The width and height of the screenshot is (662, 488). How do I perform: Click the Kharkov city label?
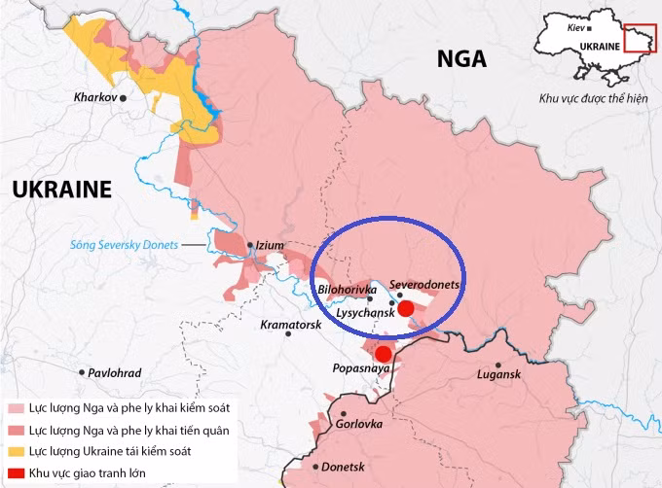95,98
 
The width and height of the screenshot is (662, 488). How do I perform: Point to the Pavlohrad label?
114,373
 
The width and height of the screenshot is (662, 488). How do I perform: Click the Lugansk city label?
499,374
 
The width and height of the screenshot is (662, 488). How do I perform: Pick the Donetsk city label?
342,467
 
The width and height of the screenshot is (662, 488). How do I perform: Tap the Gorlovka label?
359,425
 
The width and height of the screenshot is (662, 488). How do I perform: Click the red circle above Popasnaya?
384,354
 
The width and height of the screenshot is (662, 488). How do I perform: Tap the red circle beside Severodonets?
406,307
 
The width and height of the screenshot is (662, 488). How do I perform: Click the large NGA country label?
461,59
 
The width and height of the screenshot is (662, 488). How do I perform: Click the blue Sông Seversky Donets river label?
124,245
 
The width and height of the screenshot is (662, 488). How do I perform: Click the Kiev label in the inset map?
565,29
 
